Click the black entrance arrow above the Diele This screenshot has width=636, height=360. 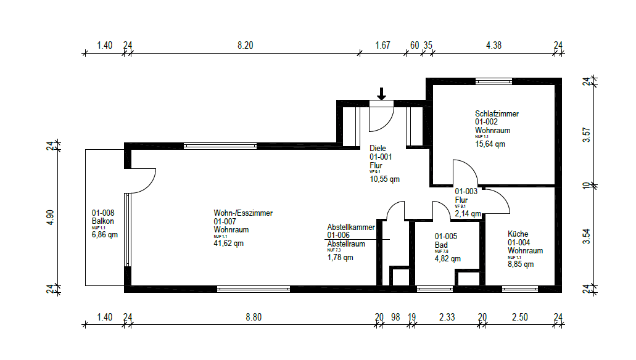tap(381, 94)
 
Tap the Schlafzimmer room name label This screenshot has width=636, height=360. tap(497, 114)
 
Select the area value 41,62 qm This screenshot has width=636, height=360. tap(229, 243)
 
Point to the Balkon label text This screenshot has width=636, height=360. tap(103, 221)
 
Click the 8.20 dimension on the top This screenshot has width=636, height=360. tap(245, 45)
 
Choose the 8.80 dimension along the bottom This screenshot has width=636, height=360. tap(254, 317)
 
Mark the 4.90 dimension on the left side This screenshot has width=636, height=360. tap(51, 216)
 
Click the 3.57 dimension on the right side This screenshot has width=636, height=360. tap(587, 134)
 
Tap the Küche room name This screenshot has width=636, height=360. tap(518, 234)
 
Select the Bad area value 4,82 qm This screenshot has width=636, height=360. tap(447, 259)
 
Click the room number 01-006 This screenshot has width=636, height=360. tap(339, 235)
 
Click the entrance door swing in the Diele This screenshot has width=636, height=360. tap(381, 118)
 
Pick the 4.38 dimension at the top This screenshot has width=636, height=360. tap(494, 45)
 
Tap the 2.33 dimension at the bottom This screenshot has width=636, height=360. tap(447, 317)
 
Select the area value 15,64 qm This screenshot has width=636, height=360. tap(490, 144)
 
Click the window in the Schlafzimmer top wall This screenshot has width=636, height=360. tap(494, 81)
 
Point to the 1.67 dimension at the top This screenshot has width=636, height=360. tap(383, 45)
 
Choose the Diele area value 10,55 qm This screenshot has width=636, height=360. tap(384, 179)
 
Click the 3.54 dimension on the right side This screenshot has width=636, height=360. tap(587, 236)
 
